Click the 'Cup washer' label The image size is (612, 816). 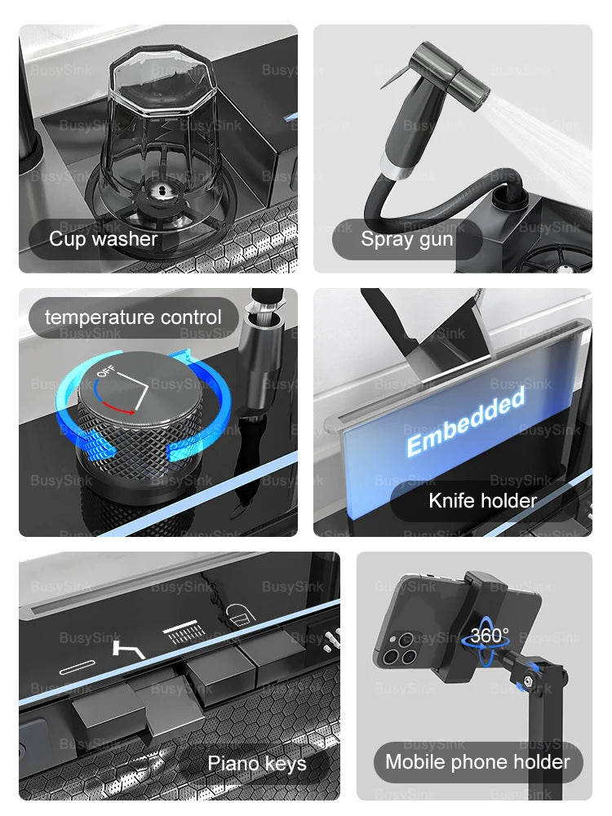[103, 239]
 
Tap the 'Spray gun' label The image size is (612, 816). [406, 239]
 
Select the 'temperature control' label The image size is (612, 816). [133, 317]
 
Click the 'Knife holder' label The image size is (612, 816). [482, 500]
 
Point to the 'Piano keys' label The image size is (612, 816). [257, 764]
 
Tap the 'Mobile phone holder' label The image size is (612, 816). [477, 762]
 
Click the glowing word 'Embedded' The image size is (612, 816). [466, 423]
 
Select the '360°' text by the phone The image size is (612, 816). [489, 635]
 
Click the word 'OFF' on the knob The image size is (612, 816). [107, 374]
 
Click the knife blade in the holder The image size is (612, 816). [445, 335]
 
